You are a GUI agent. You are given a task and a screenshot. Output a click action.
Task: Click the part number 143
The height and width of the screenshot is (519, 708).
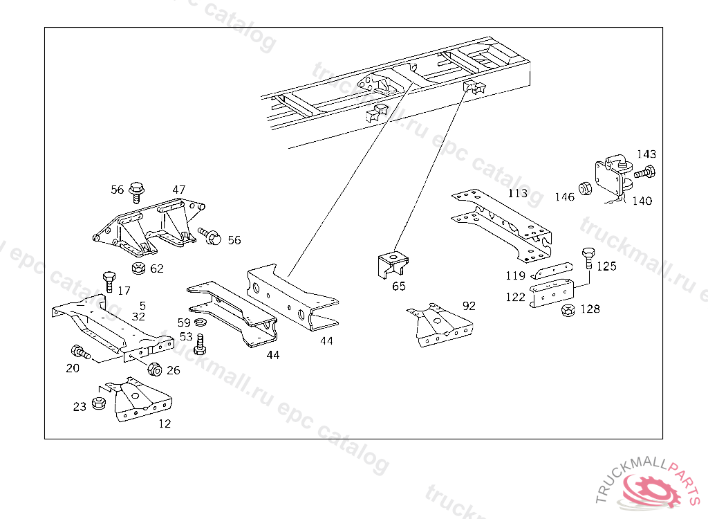646,154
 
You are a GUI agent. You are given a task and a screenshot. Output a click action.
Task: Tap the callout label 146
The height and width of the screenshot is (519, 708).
564,197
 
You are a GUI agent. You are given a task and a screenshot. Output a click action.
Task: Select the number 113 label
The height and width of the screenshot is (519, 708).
517,193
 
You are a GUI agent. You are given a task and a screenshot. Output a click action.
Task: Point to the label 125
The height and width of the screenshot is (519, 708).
606,266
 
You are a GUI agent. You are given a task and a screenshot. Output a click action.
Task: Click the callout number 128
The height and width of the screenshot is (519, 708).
590,309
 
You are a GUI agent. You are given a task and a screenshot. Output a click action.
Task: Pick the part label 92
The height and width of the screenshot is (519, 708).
469,306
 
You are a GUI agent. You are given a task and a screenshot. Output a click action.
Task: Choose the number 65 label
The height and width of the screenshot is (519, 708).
399,286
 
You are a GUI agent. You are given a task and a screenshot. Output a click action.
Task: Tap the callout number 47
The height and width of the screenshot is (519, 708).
179,190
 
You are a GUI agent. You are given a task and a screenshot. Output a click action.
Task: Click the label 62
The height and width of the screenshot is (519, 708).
157,268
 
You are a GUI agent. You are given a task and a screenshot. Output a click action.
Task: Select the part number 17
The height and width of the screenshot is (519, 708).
124,291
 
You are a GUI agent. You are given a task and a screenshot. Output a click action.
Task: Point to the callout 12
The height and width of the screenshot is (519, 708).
165,424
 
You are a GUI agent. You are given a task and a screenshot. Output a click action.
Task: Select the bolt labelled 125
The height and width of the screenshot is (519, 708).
588,258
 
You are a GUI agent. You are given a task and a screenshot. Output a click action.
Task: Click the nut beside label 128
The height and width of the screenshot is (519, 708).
568,310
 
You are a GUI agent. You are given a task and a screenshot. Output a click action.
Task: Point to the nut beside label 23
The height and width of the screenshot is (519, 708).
98,403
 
